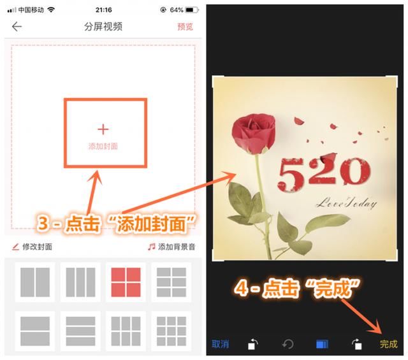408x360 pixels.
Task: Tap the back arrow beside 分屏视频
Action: tap(17, 27)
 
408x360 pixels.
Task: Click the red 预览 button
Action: tap(185, 27)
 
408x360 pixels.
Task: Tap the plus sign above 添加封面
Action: tap(104, 130)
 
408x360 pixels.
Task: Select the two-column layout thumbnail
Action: tap(35, 282)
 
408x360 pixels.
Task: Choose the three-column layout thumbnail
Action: tap(80, 282)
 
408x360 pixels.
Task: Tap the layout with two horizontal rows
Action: tap(35, 330)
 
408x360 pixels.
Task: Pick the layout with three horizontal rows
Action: tap(80, 330)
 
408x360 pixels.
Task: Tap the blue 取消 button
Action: tap(220, 344)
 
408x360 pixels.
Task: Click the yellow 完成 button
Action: tap(388, 344)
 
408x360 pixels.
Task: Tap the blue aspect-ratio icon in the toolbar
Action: tap(322, 344)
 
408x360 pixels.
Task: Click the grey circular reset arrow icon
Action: tap(288, 344)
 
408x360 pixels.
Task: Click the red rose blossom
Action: tap(253, 131)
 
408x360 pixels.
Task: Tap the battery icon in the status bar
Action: tap(191, 10)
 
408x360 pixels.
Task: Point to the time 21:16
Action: tap(103, 10)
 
